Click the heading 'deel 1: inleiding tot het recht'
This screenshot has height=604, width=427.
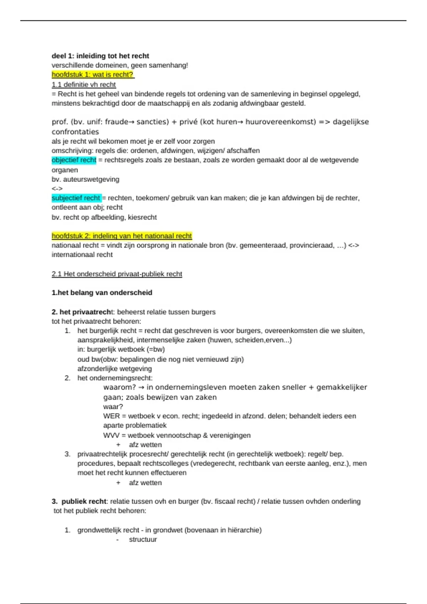pyautogui.click(x=100, y=56)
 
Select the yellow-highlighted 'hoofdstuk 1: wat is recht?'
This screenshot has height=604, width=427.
pyautogui.click(x=93, y=75)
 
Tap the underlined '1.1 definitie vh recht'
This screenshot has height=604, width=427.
pyautogui.click(x=84, y=85)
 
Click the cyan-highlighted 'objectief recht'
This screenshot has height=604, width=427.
pyautogui.click(x=74, y=160)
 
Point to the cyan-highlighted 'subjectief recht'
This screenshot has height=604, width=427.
pyautogui.click(x=76, y=198)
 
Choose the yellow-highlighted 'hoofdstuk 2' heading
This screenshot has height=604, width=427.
pyautogui.click(x=122, y=236)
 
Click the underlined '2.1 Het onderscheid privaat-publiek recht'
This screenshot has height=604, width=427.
pyautogui.click(x=117, y=274)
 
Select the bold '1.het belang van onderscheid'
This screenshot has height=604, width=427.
pyautogui.click(x=102, y=293)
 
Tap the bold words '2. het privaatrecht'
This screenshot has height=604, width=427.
pyautogui.click(x=81, y=312)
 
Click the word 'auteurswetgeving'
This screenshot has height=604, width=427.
pyautogui.click(x=91, y=179)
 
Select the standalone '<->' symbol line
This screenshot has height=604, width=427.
pyautogui.click(x=57, y=189)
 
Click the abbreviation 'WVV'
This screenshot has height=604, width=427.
pyautogui.click(x=111, y=435)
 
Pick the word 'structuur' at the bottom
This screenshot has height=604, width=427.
pyautogui.click(x=143, y=539)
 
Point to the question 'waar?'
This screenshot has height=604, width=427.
pyautogui.click(x=113, y=407)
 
